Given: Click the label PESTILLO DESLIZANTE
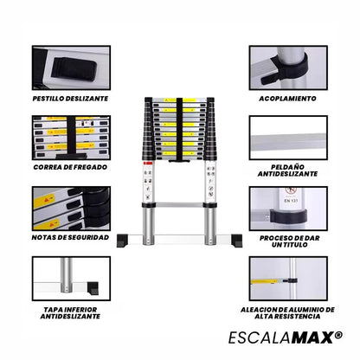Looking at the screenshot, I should [x=71, y=100].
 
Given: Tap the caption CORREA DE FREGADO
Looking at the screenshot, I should [x=71, y=166].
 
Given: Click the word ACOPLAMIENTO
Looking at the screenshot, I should [x=287, y=99].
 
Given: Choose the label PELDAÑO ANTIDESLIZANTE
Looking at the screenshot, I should [x=287, y=170].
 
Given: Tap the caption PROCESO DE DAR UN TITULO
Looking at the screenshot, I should [x=287, y=241].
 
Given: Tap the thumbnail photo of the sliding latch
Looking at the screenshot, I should [x=71, y=67].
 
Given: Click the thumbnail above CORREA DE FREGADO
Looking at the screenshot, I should [x=71, y=134].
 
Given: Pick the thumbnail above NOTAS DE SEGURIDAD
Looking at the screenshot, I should [x=71, y=203].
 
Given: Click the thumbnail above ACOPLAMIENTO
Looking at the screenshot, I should [x=287, y=67].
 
